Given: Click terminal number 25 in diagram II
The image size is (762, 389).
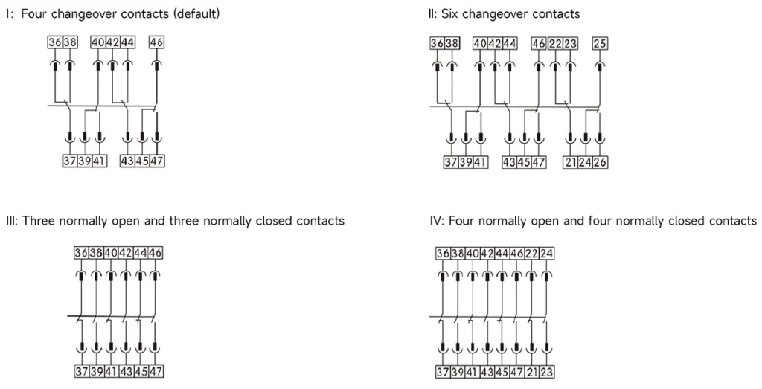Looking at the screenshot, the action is pyautogui.click(x=600, y=44).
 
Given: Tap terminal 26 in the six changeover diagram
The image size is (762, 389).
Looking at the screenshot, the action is pyautogui.click(x=601, y=162).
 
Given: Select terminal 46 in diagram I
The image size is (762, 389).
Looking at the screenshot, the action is pyautogui.click(x=156, y=42).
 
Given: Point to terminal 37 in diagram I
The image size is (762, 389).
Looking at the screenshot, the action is pyautogui.click(x=70, y=161).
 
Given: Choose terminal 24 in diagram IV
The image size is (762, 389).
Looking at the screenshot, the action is pyautogui.click(x=547, y=254).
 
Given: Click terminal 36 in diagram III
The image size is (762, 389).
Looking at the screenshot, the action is pyautogui.click(x=81, y=253).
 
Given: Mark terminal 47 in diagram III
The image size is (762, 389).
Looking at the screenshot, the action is pyautogui.click(x=156, y=372).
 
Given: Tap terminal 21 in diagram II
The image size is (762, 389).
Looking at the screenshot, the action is pyautogui.click(x=571, y=162).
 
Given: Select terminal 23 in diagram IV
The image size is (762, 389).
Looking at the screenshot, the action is pyautogui.click(x=547, y=373).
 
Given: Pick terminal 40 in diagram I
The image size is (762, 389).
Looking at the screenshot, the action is pyautogui.click(x=98, y=42).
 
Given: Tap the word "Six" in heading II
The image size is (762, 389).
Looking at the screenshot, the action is pyautogui.click(x=449, y=13).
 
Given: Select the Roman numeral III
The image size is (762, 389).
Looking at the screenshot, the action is pyautogui.click(x=10, y=221).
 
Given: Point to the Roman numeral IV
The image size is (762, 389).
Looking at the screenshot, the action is pyautogui.click(x=435, y=221).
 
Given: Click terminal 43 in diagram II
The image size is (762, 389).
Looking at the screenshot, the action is pyautogui.click(x=509, y=162).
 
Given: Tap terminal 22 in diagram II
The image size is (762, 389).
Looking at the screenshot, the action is pyautogui.click(x=555, y=44).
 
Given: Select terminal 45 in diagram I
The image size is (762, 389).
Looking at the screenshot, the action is pyautogui.click(x=142, y=161).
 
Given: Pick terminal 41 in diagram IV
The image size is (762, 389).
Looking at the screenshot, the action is pyautogui.click(x=472, y=373).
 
